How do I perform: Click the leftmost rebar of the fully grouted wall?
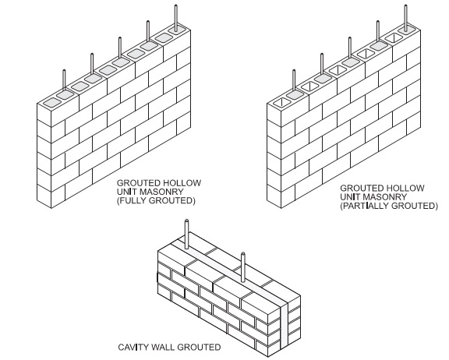point(64,80)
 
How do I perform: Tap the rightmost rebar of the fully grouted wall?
point(176,16)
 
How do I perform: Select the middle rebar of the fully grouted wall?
point(120,48)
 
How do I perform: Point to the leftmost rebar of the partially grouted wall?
point(294,80)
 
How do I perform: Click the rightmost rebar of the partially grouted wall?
point(406,16)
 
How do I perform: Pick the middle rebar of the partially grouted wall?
point(350,48)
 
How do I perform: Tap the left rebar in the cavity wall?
point(187,234)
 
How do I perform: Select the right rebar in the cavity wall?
point(243,267)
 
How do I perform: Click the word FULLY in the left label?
point(133,200)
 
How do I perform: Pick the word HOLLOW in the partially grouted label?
point(405,188)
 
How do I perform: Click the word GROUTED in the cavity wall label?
point(199,347)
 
